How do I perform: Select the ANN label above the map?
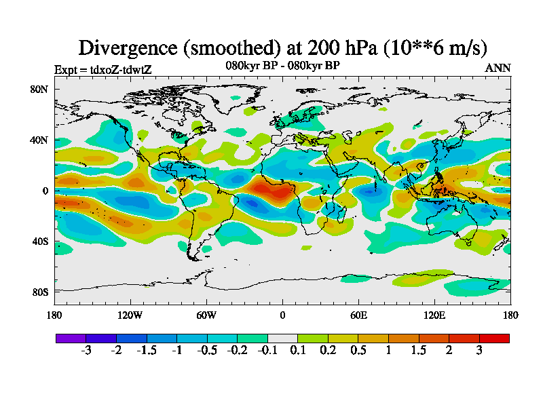(498, 68)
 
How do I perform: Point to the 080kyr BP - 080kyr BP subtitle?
(282, 65)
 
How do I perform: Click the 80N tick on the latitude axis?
(39, 89)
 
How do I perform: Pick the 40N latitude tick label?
(39, 140)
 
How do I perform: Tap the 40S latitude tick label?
(39, 241)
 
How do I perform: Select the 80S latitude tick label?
(39, 292)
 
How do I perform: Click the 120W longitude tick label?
(130, 315)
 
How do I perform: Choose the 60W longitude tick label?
(206, 315)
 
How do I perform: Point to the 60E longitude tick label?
(358, 315)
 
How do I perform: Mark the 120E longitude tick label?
(434, 315)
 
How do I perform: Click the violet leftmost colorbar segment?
(71, 338)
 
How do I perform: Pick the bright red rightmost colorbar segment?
(494, 338)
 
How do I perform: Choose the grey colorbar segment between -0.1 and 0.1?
(282, 338)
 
